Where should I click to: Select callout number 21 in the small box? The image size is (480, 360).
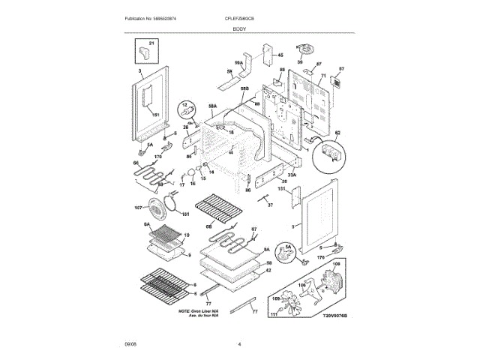click(x=151, y=45)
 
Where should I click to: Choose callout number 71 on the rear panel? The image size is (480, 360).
click(x=324, y=76)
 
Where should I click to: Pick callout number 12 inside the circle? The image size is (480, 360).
click(x=187, y=104)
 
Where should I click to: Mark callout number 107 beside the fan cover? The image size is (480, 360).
click(x=138, y=208)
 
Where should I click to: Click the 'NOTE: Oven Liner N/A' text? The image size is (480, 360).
click(x=198, y=310)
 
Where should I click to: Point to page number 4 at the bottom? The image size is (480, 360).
click(x=239, y=344)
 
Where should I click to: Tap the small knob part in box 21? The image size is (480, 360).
click(x=143, y=55)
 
